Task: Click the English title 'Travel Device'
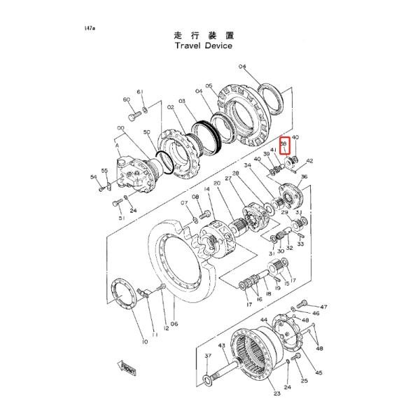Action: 204,45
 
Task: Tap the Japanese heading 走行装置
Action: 203,33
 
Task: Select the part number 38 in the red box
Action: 284,145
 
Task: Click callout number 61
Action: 140,92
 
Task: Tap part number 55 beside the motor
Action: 104,171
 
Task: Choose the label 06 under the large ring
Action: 174,323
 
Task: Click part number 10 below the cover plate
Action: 144,342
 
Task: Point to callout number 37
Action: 208,356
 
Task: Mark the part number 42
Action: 309,161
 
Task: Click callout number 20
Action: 217,183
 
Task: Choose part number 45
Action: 318,374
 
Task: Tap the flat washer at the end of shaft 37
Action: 209,380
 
